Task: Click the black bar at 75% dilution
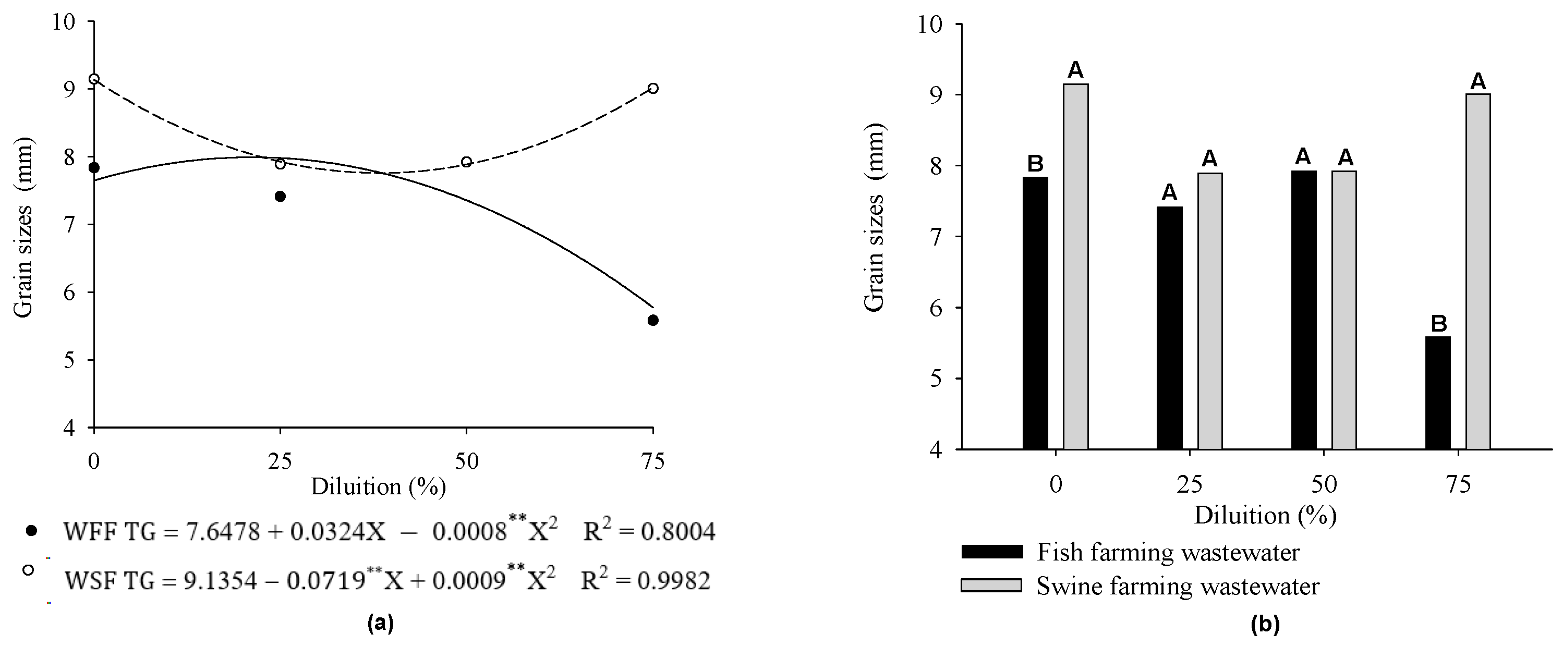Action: point(1437,393)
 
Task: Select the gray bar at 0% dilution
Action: point(1076,267)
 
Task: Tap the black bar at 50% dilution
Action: point(1303,310)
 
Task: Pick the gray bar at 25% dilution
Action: point(1209,311)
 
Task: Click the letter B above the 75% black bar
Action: point(1438,323)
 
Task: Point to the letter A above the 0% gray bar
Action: point(1075,70)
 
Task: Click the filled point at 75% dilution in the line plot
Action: point(653,320)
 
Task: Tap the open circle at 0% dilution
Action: point(94,79)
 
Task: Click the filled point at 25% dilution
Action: point(281,197)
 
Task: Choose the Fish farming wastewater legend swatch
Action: point(991,552)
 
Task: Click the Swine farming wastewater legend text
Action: point(1178,586)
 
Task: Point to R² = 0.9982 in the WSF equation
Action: point(645,580)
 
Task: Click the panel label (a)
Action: point(381,623)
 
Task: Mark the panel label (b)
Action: point(1265,624)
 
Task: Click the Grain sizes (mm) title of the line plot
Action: point(23,227)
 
